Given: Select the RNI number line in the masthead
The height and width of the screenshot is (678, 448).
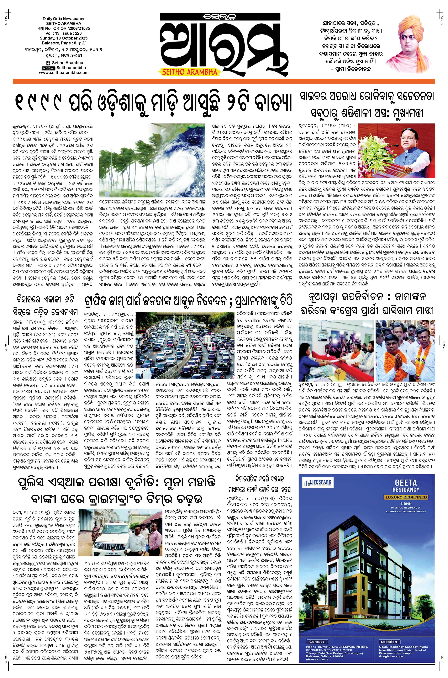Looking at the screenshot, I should [63, 29].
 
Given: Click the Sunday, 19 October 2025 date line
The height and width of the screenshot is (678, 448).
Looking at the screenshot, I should [63, 38].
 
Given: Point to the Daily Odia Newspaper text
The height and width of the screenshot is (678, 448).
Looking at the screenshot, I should [63, 19].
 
